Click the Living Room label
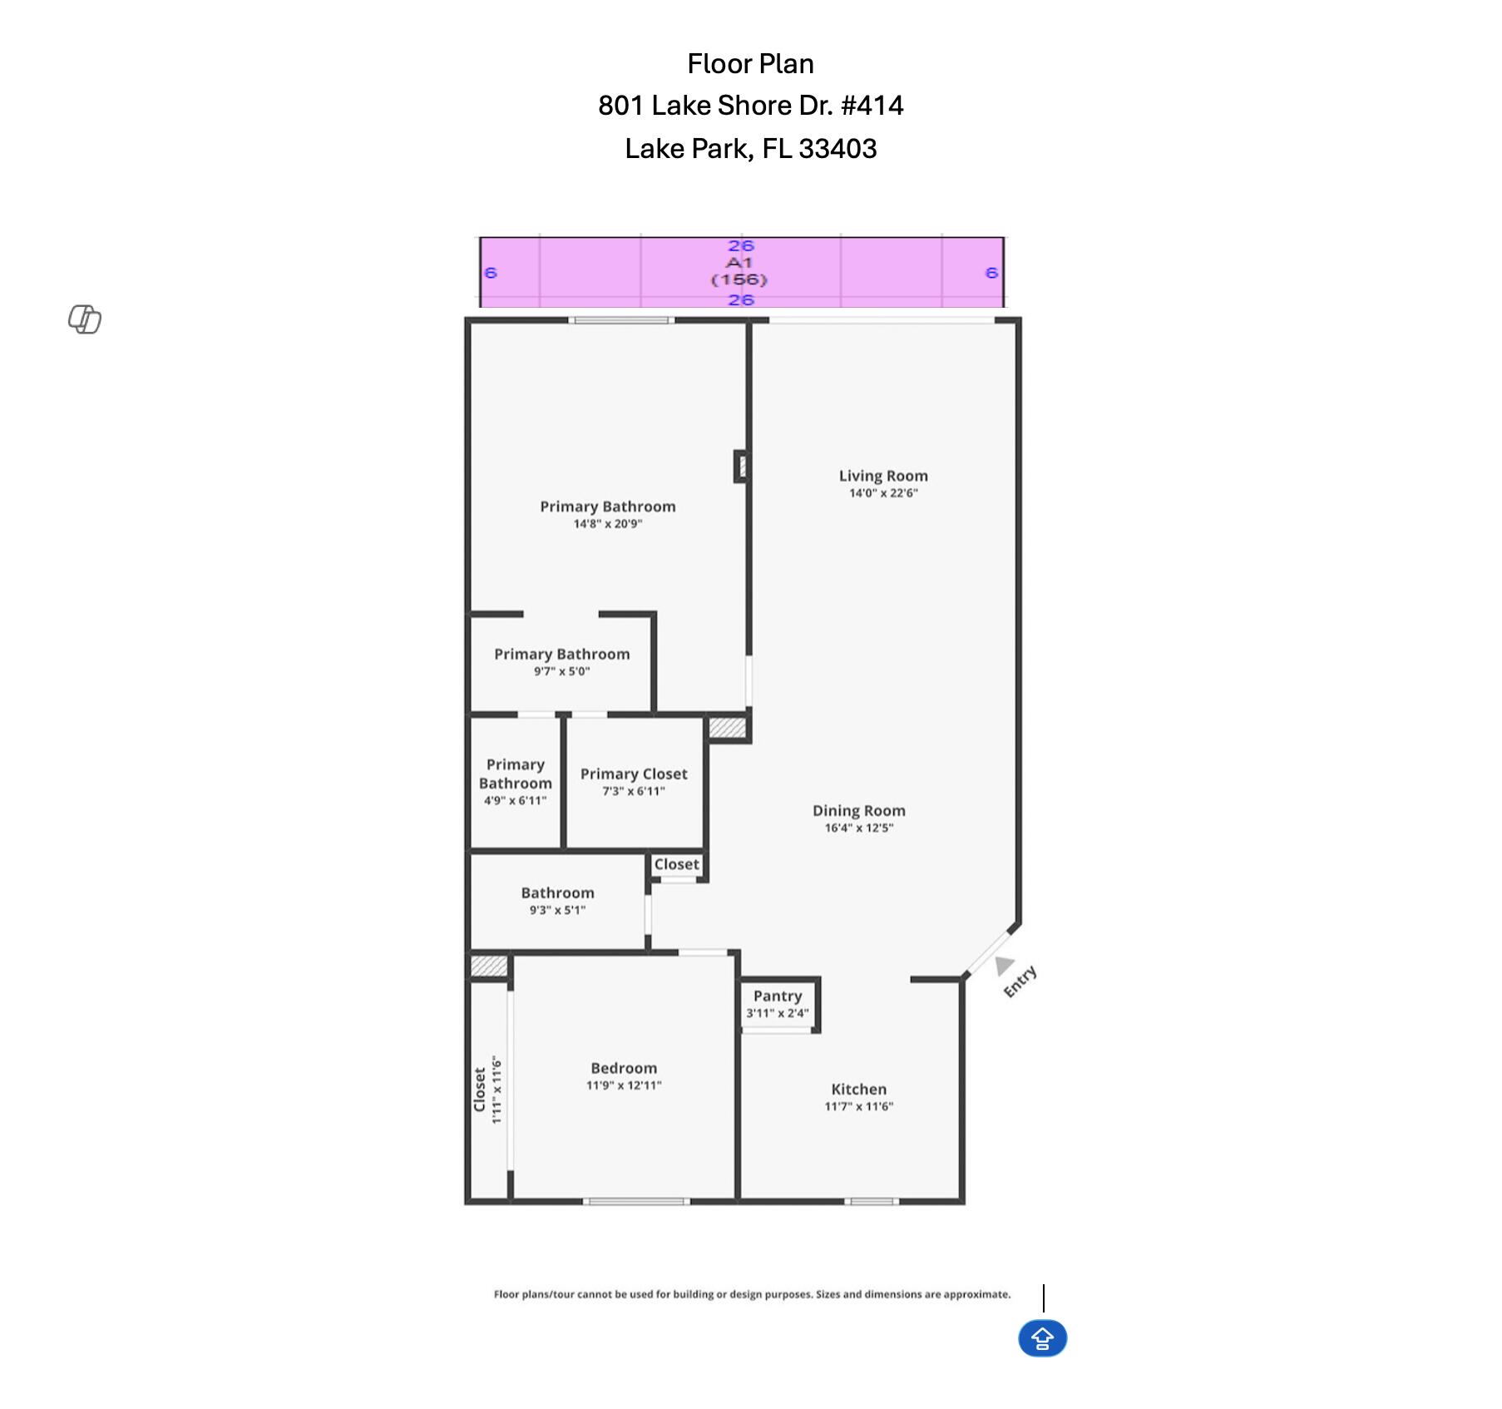click(882, 476)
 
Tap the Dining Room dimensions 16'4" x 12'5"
click(858, 828)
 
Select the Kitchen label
click(858, 1089)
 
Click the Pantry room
click(778, 1004)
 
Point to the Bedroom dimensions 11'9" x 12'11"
click(623, 1085)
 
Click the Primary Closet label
click(634, 774)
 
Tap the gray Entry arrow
click(1004, 964)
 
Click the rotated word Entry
click(1020, 981)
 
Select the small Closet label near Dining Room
click(676, 864)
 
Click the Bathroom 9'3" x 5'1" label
click(557, 892)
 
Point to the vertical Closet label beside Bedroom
click(480, 1090)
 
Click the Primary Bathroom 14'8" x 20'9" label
click(607, 507)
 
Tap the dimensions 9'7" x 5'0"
click(561, 671)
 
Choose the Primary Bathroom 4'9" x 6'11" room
click(515, 782)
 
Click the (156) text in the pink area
click(739, 280)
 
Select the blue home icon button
click(1042, 1338)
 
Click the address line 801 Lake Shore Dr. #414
click(750, 106)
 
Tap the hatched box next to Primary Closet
click(727, 727)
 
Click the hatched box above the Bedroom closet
click(489, 966)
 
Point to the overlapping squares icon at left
click(85, 319)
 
